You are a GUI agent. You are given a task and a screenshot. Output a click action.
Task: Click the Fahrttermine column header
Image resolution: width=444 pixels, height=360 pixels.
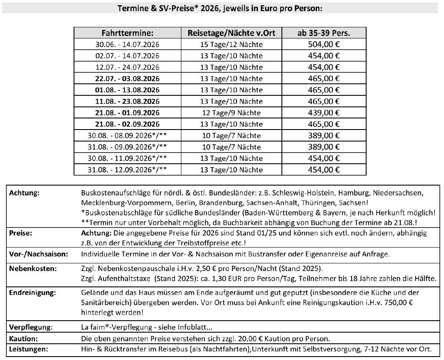127,33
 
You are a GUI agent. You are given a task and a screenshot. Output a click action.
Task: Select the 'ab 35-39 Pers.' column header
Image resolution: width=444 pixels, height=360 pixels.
324,33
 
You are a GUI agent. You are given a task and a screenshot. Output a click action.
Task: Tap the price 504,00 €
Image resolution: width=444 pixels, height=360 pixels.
324,44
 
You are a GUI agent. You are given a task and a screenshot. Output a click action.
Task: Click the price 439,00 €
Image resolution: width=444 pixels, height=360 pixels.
324,112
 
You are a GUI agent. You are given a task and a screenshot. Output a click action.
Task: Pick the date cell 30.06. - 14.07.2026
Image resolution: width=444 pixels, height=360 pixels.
127,44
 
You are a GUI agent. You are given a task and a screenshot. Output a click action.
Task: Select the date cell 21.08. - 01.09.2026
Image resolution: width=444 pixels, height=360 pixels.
127,113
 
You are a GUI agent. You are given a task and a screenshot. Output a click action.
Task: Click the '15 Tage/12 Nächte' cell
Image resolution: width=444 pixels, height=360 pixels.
231,44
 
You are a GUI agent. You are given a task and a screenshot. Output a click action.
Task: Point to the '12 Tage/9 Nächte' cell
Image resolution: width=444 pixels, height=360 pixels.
231,113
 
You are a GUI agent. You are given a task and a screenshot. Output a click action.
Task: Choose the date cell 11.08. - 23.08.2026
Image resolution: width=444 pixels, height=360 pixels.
127,101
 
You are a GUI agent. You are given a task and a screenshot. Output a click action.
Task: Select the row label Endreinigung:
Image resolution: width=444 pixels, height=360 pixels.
30,293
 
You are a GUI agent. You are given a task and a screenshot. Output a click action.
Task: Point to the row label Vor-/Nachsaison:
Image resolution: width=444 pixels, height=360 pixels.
38,254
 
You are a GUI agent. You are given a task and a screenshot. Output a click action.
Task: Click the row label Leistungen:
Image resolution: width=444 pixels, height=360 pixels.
28,349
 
